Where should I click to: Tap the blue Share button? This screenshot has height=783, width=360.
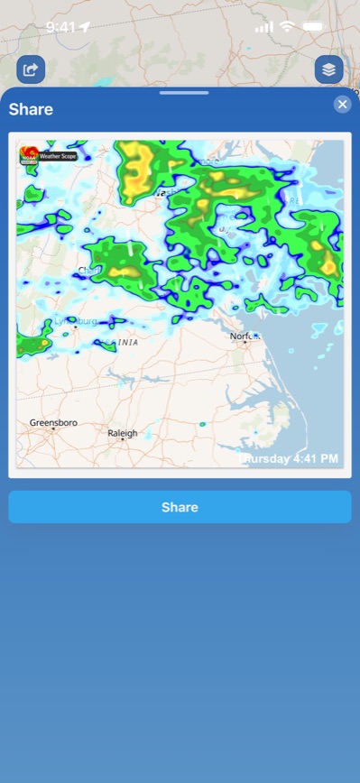[180, 507]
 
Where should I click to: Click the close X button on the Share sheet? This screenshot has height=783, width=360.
[342, 105]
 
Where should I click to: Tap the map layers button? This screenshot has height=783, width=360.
[328, 69]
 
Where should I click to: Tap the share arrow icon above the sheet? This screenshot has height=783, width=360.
[31, 69]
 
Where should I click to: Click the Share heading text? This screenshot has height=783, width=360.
[31, 110]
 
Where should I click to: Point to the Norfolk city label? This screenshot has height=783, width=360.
[244, 336]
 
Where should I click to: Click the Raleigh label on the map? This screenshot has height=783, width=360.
[123, 434]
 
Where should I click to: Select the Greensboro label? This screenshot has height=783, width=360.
[53, 422]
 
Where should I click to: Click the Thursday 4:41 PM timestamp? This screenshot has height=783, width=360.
[288, 459]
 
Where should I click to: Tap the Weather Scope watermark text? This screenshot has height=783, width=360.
[59, 156]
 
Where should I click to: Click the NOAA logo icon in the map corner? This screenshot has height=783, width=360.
[29, 155]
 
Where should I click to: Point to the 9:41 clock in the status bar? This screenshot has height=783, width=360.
[60, 27]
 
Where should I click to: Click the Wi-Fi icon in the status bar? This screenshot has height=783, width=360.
[287, 27]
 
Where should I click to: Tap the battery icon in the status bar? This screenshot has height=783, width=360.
[313, 27]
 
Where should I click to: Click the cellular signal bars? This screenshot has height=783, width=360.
[263, 27]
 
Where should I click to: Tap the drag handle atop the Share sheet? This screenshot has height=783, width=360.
[183, 93]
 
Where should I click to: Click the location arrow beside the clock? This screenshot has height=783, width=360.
[85, 27]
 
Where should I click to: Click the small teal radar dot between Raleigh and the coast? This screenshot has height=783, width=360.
[202, 424]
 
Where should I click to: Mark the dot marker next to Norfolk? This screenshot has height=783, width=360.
[257, 341]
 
